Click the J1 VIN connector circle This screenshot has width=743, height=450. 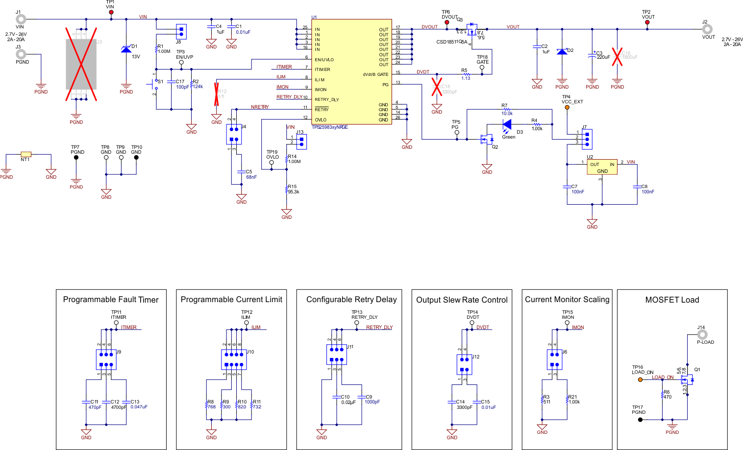coord(20,20)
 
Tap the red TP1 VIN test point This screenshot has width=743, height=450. coord(111,12)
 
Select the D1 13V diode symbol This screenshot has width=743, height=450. coord(126,49)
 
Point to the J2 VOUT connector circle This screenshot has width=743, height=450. coord(707,29)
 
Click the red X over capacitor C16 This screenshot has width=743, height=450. coord(617,56)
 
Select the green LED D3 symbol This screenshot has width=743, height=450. coord(507,124)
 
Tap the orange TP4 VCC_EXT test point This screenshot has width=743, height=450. coord(567,107)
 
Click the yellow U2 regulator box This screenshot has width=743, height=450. coord(602,167)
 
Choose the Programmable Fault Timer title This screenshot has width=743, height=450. coord(111,300)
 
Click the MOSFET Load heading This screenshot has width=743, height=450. coord(672,300)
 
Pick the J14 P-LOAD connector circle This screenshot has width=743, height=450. coord(702,334)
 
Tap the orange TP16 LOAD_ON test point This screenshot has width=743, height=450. coord(640,379)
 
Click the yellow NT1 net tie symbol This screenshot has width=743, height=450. coord(26,154)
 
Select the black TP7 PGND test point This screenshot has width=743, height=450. coord(76,158)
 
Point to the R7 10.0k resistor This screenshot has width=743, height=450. coord(507,110)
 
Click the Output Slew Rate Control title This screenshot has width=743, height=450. coord(462,300)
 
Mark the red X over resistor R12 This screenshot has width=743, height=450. coord(216,94)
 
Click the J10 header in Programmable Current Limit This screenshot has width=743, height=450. coord(234,359)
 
